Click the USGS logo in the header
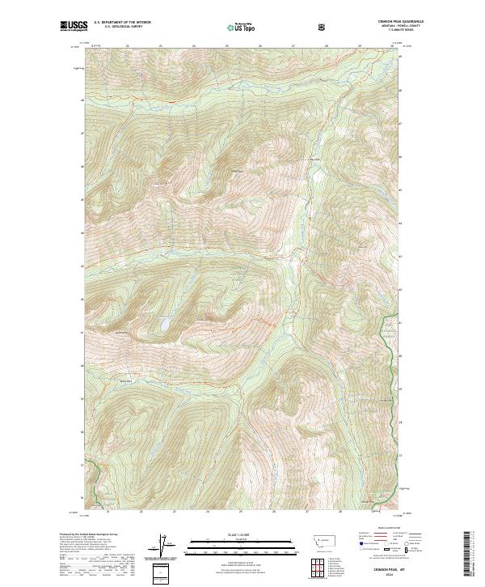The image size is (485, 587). [74, 26]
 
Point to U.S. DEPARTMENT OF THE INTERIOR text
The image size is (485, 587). [122, 22]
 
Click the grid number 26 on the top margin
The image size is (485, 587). [260, 45]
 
